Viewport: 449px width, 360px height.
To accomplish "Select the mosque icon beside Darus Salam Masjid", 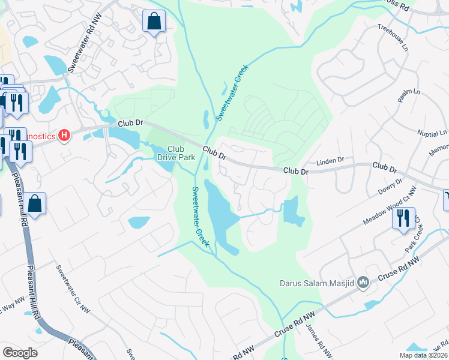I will [363, 282].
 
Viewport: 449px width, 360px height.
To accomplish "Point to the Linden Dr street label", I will [330, 161].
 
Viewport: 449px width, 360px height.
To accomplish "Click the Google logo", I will [20, 352].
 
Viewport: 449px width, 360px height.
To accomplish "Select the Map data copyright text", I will [423, 355].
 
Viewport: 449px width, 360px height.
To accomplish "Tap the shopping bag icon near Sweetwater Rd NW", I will [154, 22].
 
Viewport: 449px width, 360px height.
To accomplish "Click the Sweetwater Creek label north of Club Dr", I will [232, 94].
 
